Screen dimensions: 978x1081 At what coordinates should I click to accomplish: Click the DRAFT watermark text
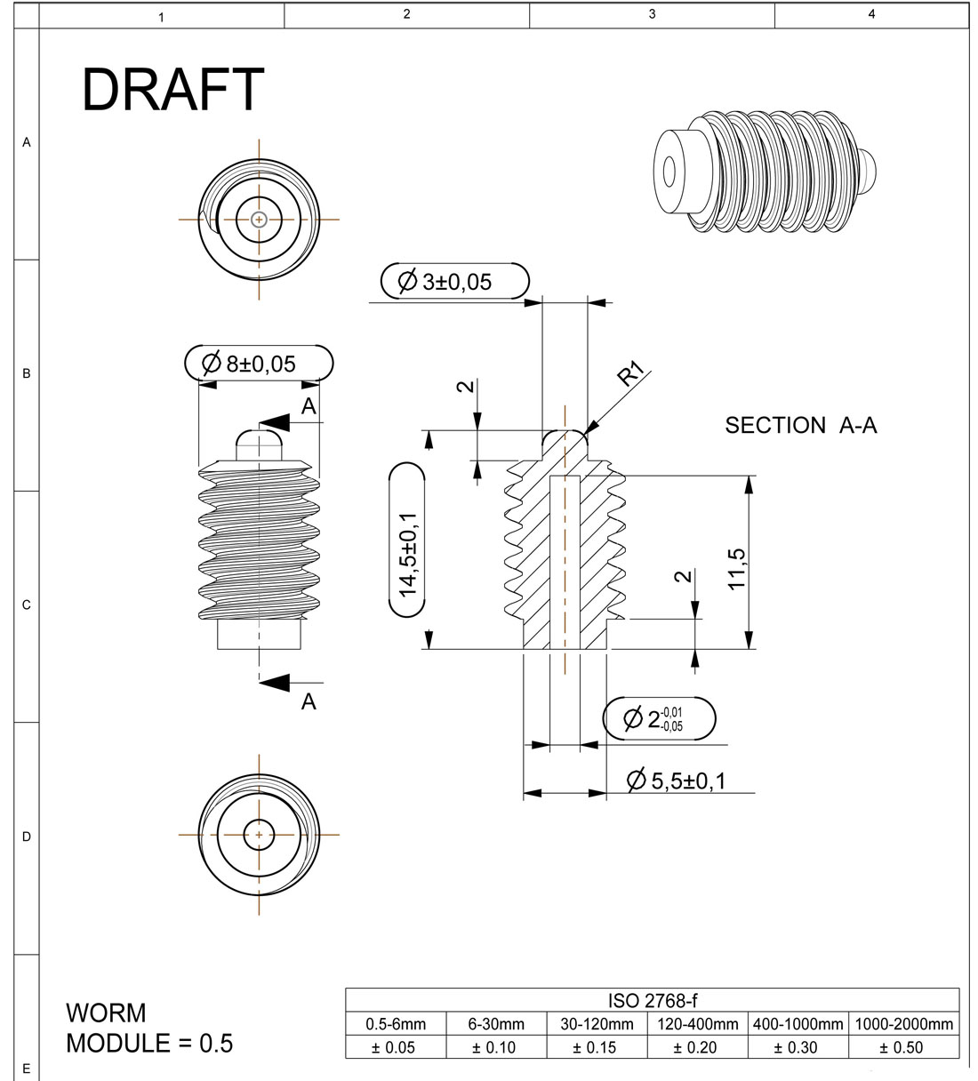(172, 90)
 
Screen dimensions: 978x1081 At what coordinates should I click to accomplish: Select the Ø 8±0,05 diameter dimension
(259, 364)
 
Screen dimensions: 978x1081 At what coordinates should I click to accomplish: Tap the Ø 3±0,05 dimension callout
(455, 281)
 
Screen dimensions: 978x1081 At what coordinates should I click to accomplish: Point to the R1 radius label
(630, 374)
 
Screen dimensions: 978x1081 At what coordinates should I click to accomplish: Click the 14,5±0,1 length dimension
(407, 540)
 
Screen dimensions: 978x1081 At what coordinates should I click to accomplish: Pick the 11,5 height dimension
(736, 569)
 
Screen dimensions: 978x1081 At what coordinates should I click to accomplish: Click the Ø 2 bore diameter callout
(659, 719)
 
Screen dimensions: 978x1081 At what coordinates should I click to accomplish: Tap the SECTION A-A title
(800, 426)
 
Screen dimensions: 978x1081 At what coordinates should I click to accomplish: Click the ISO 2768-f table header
(653, 1001)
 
